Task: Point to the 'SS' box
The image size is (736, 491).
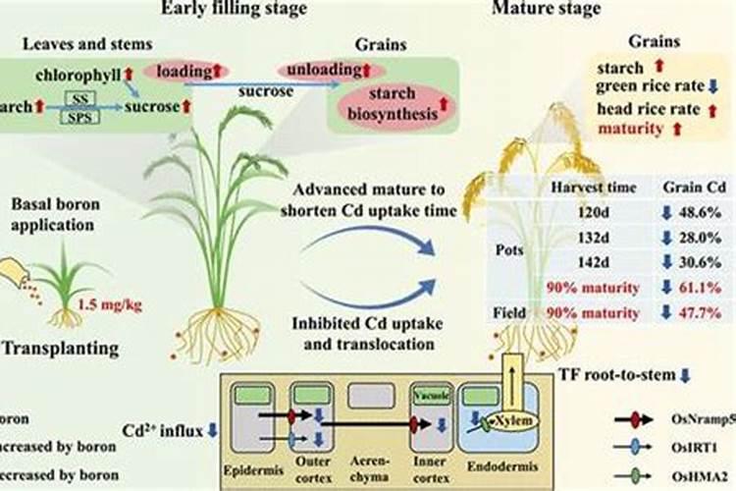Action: pos(83,99)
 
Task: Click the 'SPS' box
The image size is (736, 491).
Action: pos(83,115)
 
